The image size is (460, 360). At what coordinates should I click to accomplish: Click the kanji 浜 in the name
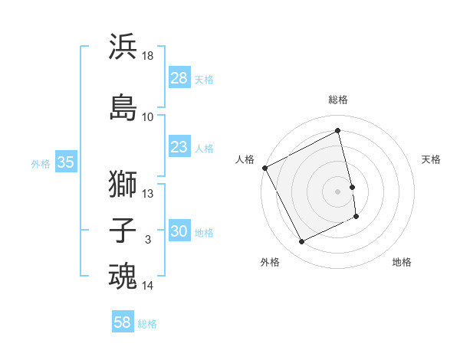[123, 47]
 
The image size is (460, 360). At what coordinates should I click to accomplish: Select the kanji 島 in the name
[123, 106]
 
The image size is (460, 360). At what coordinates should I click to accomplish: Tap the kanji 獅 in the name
[123, 184]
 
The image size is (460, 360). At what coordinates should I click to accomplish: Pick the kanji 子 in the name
[123, 231]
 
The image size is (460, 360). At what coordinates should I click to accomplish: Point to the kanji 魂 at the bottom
[123, 277]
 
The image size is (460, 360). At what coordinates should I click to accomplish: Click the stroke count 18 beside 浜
[148, 56]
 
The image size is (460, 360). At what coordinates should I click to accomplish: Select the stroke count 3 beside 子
[148, 240]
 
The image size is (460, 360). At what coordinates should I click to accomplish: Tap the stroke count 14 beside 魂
[148, 286]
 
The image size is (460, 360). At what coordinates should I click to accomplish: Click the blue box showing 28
[179, 77]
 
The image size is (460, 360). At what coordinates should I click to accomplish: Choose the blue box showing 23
[179, 147]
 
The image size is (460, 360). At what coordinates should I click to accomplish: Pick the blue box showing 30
[179, 231]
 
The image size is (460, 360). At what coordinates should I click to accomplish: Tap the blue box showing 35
[65, 162]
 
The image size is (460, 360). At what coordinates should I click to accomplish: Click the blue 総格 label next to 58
[147, 324]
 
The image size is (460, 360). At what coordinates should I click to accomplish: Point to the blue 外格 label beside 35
[41, 163]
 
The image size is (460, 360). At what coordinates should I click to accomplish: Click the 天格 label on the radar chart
[431, 159]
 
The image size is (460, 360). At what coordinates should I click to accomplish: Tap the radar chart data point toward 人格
[265, 168]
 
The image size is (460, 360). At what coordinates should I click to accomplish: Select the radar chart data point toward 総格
[338, 131]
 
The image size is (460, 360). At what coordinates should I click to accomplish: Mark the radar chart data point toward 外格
[301, 242]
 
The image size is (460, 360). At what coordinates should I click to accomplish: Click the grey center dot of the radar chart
[337, 191]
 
